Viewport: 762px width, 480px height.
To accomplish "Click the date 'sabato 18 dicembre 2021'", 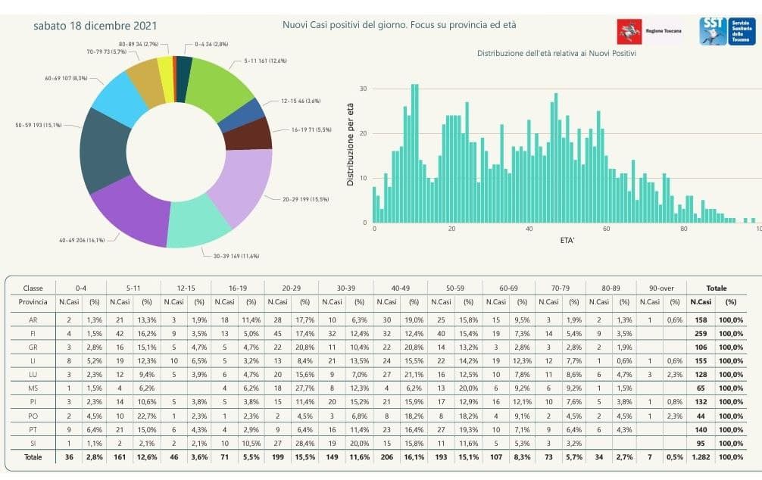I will pyautogui.click(x=95, y=25).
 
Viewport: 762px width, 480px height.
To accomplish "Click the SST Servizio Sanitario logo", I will pyautogui.click(x=726, y=30).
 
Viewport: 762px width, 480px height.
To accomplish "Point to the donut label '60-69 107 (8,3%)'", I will pyautogui.click(x=66, y=78).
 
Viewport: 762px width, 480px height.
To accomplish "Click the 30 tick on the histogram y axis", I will pyautogui.click(x=364, y=89).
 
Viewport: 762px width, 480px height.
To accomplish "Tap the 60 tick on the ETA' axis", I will pyautogui.click(x=607, y=229).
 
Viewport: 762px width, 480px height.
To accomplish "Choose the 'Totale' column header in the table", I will pyautogui.click(x=716, y=288).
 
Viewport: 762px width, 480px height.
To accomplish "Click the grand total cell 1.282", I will pyautogui.click(x=701, y=457).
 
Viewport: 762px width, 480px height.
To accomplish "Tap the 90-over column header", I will pyautogui.click(x=659, y=288).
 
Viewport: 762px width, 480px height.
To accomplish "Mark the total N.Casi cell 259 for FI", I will pyautogui.click(x=701, y=332).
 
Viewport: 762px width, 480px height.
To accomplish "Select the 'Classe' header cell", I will pyautogui.click(x=34, y=288).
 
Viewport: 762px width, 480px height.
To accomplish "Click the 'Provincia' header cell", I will pyautogui.click(x=34, y=301).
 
